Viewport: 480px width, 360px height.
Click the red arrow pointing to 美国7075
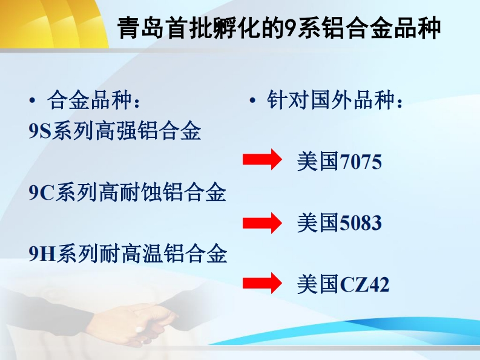point(262,159)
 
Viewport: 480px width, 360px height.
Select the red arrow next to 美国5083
point(262,223)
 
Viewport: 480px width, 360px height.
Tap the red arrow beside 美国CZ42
point(262,283)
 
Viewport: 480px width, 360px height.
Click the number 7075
point(361,162)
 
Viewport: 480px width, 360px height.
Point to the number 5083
point(361,223)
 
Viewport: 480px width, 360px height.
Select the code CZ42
point(364,284)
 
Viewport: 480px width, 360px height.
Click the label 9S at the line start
point(39,131)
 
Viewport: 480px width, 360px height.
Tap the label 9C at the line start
point(41,192)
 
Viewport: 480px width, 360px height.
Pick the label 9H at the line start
point(42,254)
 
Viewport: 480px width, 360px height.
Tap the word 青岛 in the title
point(140,28)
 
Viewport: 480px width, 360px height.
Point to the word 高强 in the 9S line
point(116,131)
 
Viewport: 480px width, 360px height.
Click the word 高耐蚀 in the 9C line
point(130,192)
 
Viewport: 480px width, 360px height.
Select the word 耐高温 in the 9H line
point(131,254)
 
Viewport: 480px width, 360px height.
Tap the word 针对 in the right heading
point(288,100)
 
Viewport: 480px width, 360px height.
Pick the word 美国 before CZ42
point(318,284)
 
